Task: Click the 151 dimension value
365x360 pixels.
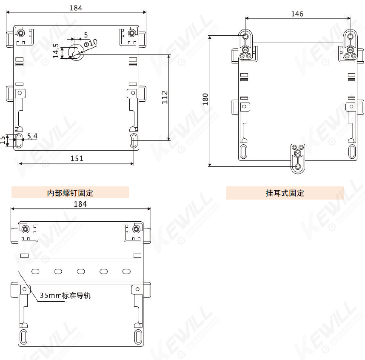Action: (77, 159)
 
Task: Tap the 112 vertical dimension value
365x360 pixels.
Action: (165, 97)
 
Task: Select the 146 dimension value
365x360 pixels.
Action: (297, 14)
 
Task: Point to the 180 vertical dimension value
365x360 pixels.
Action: (205, 99)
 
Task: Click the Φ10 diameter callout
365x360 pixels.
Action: (90, 43)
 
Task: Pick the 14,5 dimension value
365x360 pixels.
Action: (56, 51)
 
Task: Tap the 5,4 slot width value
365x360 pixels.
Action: (32, 136)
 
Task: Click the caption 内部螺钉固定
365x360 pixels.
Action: (70, 193)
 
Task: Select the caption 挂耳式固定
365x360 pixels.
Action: (285, 193)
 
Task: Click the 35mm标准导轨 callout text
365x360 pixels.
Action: (65, 295)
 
